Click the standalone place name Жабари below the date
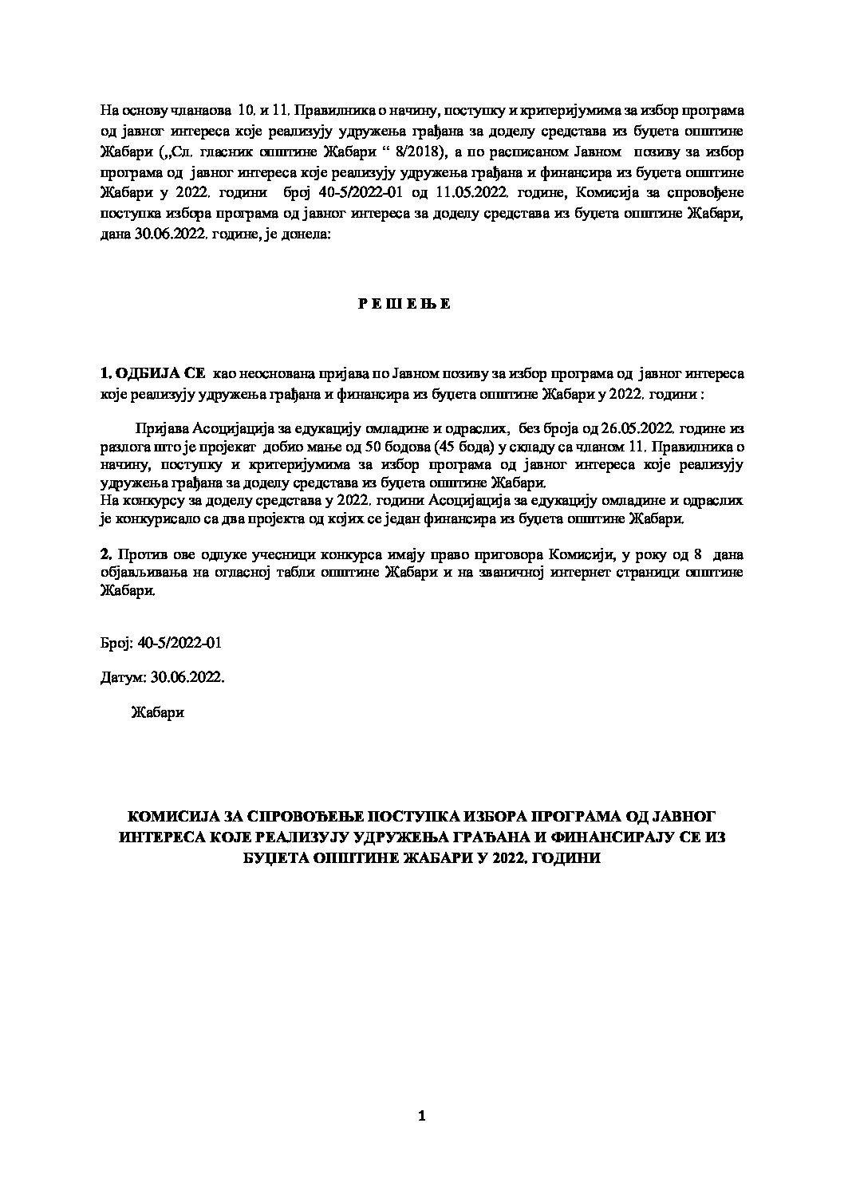click(157, 712)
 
